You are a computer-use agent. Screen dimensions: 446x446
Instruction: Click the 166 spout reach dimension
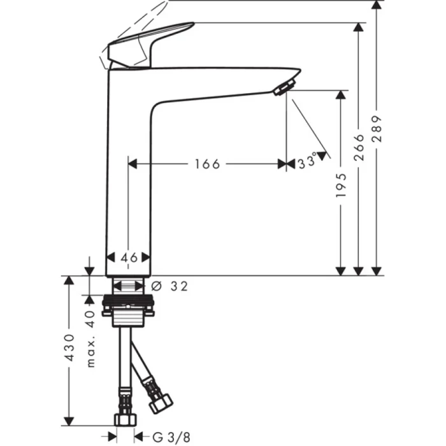point(208,164)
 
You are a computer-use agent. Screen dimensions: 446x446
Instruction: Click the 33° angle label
point(307,163)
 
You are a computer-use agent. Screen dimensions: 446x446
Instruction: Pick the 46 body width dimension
point(129,257)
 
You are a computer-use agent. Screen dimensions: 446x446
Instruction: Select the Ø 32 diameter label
point(171,287)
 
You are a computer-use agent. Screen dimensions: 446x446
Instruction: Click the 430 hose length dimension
point(70,347)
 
